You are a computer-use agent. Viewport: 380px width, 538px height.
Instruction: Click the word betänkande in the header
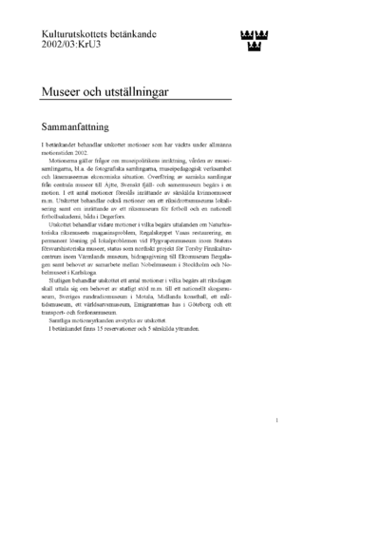click(146, 31)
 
